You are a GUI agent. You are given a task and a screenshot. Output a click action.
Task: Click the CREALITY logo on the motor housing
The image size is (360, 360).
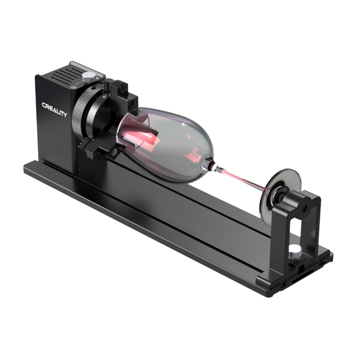tap(54, 110)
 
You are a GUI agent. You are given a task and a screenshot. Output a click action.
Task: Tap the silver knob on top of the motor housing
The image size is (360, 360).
tap(89, 77)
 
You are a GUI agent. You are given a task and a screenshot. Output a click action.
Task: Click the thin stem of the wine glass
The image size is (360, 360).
tap(239, 178)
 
